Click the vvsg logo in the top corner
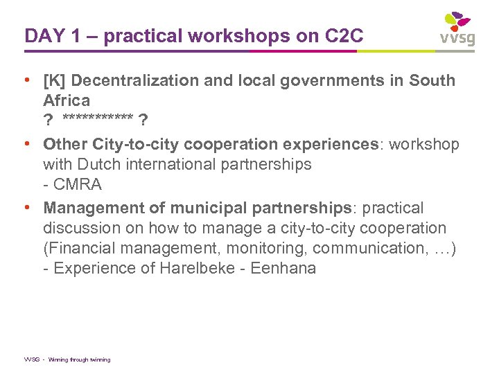(x=457, y=29)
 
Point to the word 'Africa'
(x=67, y=100)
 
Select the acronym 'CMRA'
(x=78, y=184)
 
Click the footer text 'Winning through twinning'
(x=79, y=359)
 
